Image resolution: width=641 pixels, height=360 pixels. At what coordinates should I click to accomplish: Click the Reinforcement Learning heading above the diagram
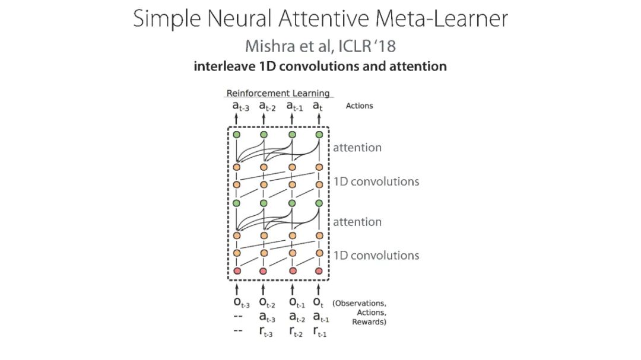(x=278, y=93)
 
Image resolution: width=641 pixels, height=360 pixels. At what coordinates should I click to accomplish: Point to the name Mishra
(x=271, y=46)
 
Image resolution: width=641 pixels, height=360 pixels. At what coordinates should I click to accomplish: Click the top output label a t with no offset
(x=319, y=107)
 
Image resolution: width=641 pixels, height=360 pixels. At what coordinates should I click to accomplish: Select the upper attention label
(x=357, y=147)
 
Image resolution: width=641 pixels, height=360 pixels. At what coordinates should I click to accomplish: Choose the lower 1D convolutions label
(x=376, y=256)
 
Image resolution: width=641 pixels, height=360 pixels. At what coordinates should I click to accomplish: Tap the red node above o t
(x=319, y=272)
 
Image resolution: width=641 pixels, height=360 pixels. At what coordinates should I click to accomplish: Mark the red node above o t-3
(x=236, y=272)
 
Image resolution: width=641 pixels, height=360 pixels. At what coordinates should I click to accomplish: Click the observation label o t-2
(x=266, y=304)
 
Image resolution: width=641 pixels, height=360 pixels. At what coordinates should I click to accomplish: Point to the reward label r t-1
(x=320, y=333)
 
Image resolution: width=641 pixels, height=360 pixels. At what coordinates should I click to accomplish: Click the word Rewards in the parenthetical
(x=369, y=322)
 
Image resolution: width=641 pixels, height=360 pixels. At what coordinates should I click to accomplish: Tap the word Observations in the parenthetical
(x=360, y=303)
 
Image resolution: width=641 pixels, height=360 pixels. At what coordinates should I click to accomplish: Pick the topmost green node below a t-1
(x=291, y=135)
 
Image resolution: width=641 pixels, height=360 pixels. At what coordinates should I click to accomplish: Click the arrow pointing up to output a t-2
(x=264, y=119)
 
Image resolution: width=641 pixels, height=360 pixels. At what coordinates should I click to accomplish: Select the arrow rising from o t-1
(x=291, y=289)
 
